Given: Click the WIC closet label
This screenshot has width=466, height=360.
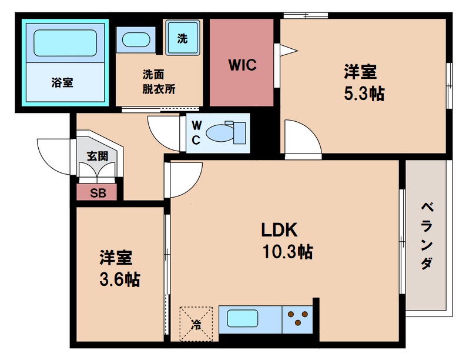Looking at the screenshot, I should coord(242,65).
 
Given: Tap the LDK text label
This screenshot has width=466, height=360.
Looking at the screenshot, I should coord(281,229).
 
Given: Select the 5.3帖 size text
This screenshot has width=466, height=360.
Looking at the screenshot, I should coord(364,94).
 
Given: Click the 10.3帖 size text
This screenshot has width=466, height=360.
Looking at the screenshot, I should coord(287,252).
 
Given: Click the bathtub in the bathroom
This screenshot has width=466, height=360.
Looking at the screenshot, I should coord(65,43).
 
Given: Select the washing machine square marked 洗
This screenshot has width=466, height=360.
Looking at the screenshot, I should coord(183,39).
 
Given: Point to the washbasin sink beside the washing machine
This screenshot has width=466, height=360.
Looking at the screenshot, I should coord(136,41).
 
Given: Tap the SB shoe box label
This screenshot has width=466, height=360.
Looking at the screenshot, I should coord(97,193).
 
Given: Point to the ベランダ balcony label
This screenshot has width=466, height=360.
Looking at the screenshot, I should coord(427,235).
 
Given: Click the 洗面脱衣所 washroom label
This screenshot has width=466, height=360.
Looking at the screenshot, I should coord(158,82).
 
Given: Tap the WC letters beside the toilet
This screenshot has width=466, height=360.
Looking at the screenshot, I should coord(196,132).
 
